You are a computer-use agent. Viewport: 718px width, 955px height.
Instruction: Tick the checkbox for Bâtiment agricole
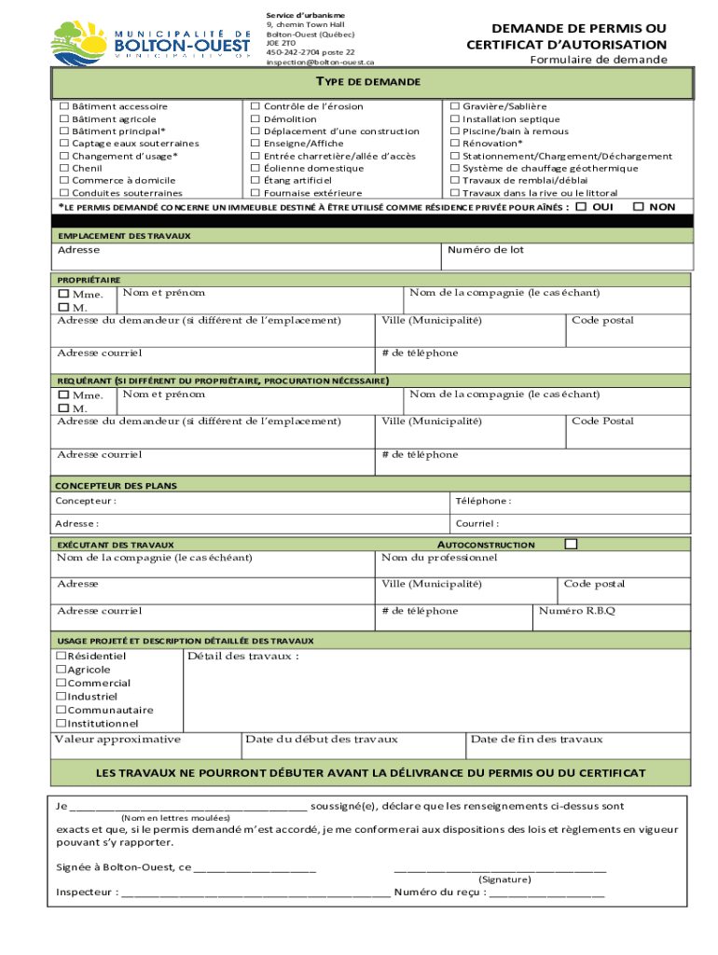pyautogui.click(x=63, y=119)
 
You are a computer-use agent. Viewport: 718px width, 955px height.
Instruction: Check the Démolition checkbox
pyautogui.click(x=255, y=119)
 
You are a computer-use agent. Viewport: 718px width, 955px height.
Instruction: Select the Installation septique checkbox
pyautogui.click(x=454, y=119)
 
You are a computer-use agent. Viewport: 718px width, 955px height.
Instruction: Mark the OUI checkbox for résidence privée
pyautogui.click(x=582, y=205)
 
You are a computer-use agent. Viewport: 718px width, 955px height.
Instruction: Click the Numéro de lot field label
pyautogui.click(x=485, y=250)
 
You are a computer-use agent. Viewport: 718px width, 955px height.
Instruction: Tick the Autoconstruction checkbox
pyautogui.click(x=571, y=544)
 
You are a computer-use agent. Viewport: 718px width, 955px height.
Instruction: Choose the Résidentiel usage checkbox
pyautogui.click(x=62, y=656)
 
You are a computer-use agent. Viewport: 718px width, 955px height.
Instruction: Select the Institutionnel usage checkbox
pyautogui.click(x=62, y=723)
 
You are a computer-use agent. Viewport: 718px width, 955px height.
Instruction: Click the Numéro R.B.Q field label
pyautogui.click(x=577, y=611)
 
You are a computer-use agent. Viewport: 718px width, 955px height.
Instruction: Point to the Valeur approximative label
pyautogui.click(x=117, y=740)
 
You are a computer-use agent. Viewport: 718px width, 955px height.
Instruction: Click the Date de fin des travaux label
pyautogui.click(x=536, y=740)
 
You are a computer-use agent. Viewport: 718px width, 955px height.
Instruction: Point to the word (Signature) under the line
pyautogui.click(x=504, y=879)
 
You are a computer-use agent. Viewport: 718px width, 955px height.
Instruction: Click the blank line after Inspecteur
pyautogui.click(x=255, y=893)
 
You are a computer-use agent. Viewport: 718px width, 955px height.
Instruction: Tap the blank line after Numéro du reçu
pyautogui.click(x=546, y=893)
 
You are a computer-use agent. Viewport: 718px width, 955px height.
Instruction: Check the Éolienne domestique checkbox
pyautogui.click(x=255, y=169)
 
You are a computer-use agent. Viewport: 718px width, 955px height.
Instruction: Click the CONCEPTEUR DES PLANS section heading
pyautogui.click(x=116, y=486)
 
